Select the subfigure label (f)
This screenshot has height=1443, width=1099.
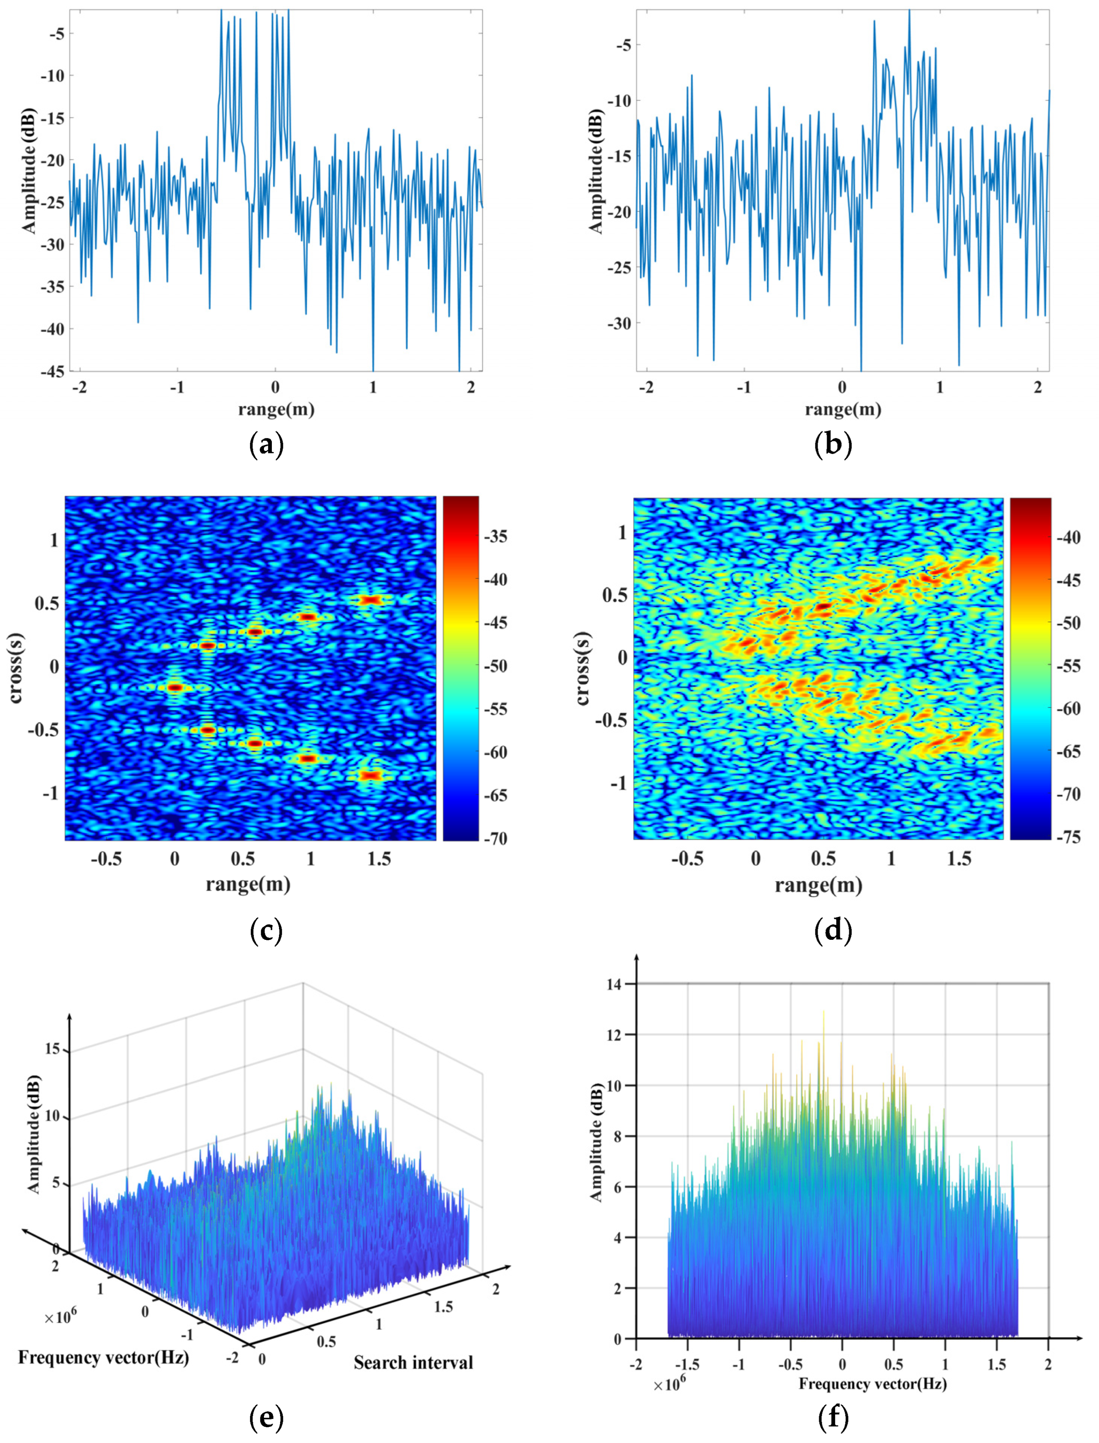[833, 1416]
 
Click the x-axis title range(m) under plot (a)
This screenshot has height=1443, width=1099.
[275, 410]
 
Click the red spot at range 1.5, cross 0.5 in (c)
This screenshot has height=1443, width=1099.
[371, 599]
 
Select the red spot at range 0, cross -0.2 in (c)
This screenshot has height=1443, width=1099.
[175, 687]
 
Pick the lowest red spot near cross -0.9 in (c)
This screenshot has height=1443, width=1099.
[371, 775]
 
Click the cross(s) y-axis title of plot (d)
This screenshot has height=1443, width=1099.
[581, 669]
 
